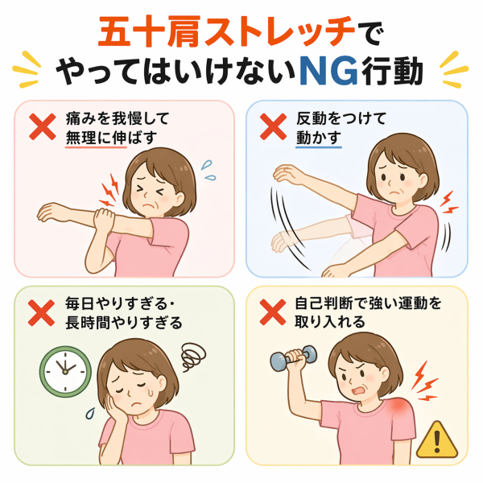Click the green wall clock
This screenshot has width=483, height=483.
[65, 371]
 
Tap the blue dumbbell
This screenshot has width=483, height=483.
[294, 357]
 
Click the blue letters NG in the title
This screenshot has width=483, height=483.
[328, 71]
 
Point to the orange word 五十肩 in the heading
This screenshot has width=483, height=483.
[150, 32]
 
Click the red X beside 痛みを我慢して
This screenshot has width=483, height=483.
[43, 126]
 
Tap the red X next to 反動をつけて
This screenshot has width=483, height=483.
[273, 126]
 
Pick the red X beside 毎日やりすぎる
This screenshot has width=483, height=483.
[41, 312]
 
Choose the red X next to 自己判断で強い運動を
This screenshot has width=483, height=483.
[273, 312]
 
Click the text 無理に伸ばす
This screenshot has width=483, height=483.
[111, 138]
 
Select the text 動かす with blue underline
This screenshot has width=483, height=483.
[319, 138]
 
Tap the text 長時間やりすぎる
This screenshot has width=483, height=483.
[124, 323]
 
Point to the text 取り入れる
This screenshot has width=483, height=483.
[330, 322]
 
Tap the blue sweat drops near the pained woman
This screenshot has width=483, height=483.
[208, 170]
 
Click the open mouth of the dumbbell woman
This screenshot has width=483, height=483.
[358, 390]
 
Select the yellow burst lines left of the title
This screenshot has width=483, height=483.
[27, 69]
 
